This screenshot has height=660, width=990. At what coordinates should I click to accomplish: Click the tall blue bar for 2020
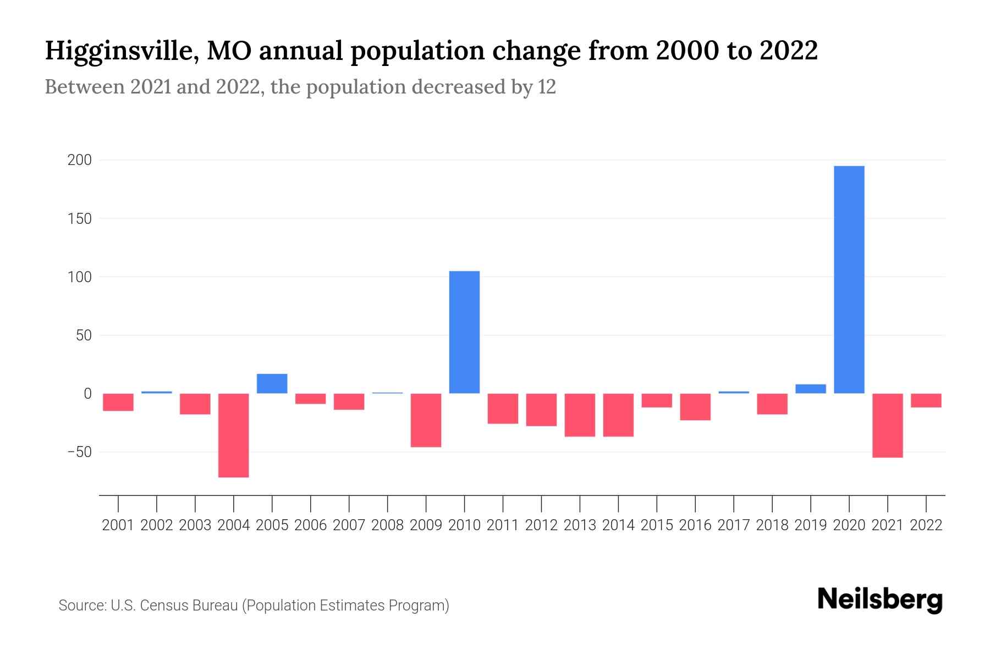pos(849,279)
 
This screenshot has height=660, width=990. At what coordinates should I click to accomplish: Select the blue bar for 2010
pos(464,332)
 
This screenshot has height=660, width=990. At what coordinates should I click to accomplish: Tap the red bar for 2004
pos(233,435)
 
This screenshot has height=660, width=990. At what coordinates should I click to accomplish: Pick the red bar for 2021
pos(887,425)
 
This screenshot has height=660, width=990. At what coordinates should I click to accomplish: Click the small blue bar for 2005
pos(272,383)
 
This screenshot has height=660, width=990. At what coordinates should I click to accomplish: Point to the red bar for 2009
pos(426,420)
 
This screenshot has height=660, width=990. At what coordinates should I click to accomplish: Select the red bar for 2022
pos(926,400)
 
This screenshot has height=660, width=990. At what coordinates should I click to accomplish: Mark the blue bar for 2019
pos(810,389)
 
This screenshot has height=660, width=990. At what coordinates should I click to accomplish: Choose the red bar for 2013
pos(580,415)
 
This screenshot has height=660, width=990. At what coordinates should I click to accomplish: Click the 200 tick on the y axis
pos(79,160)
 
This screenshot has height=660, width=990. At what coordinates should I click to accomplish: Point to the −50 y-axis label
pos(79,452)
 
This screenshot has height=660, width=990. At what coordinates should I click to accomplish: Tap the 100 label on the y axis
pos(79,277)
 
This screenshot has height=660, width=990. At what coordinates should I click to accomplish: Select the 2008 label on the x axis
pos(387,525)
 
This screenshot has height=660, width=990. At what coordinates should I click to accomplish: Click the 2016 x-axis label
pos(695,525)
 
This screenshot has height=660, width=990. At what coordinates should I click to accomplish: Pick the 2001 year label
pos(118,525)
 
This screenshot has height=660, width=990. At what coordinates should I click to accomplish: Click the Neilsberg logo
pos(879,600)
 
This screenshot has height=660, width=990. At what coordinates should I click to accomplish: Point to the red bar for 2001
pos(118,402)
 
